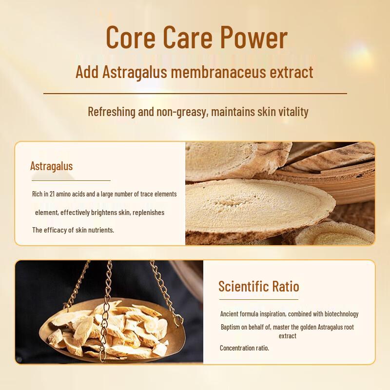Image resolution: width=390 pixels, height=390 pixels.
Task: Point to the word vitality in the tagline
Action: click(291, 112)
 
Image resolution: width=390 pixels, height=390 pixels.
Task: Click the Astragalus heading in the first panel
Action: click(51, 166)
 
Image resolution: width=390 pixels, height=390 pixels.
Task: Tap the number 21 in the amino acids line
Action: click(58, 194)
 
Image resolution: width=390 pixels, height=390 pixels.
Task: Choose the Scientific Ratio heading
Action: click(258, 286)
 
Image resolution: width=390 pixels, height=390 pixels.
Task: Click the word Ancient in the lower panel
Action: click(230, 314)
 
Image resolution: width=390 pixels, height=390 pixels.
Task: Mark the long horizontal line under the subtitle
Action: click(195, 93)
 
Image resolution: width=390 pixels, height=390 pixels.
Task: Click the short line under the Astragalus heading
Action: click(70, 180)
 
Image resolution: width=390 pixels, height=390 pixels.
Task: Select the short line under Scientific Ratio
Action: click(258, 299)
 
